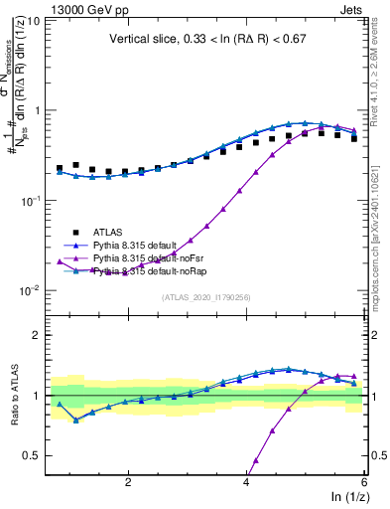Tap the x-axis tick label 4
(246, 480)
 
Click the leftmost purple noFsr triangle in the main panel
(60, 260)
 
